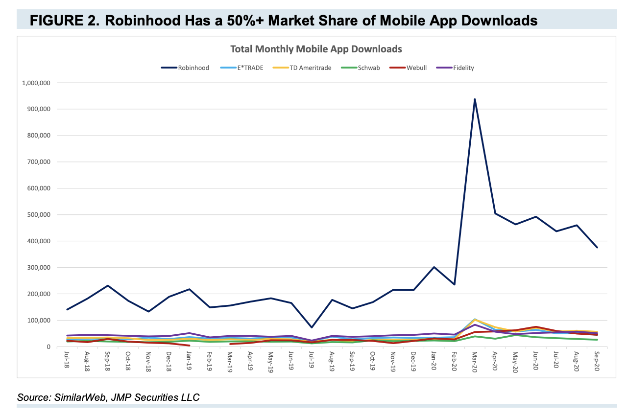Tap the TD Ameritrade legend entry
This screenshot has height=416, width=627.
coord(313,68)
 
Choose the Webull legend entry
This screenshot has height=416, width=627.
coord(416,68)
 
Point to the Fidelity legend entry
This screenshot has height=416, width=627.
coord(463,68)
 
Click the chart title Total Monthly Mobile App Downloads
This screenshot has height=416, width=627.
coord(316,49)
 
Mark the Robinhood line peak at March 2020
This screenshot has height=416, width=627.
coord(475,99)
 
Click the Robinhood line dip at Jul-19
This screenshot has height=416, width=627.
coord(312,327)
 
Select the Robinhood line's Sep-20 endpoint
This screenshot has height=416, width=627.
coord(597,248)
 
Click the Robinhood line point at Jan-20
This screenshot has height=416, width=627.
coord(434,267)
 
